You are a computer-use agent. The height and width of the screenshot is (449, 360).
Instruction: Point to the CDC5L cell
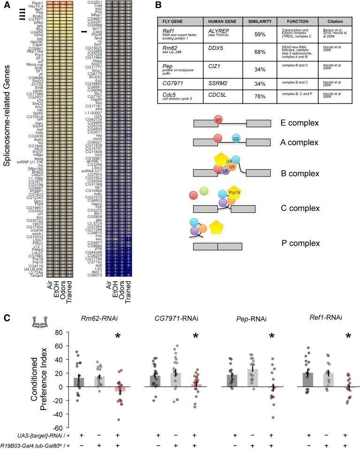(x=216, y=108)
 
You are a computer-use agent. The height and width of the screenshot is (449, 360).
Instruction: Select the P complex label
(x=305, y=243)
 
